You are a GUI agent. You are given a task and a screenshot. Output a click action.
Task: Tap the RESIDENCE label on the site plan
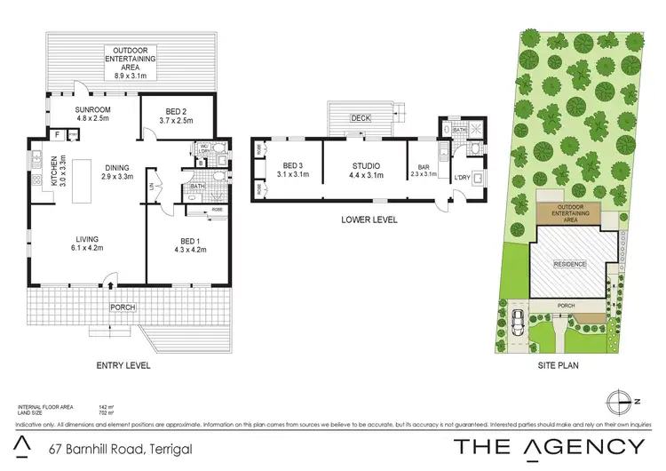click(571, 264)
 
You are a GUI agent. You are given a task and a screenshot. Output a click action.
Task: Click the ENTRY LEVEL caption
click(123, 364)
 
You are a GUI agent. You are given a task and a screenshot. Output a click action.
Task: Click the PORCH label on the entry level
click(122, 307)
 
